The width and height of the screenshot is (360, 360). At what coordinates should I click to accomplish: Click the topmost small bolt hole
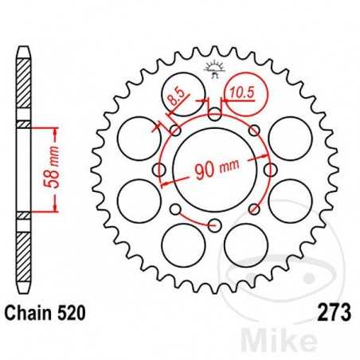[214, 114]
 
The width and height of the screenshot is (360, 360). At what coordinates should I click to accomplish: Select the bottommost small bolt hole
[214, 225]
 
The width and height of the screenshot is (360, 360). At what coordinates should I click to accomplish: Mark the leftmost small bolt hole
[158, 170]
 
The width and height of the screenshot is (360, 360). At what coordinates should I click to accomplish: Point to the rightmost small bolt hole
[270, 170]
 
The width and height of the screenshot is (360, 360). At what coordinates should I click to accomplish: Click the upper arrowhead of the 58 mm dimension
[55, 129]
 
